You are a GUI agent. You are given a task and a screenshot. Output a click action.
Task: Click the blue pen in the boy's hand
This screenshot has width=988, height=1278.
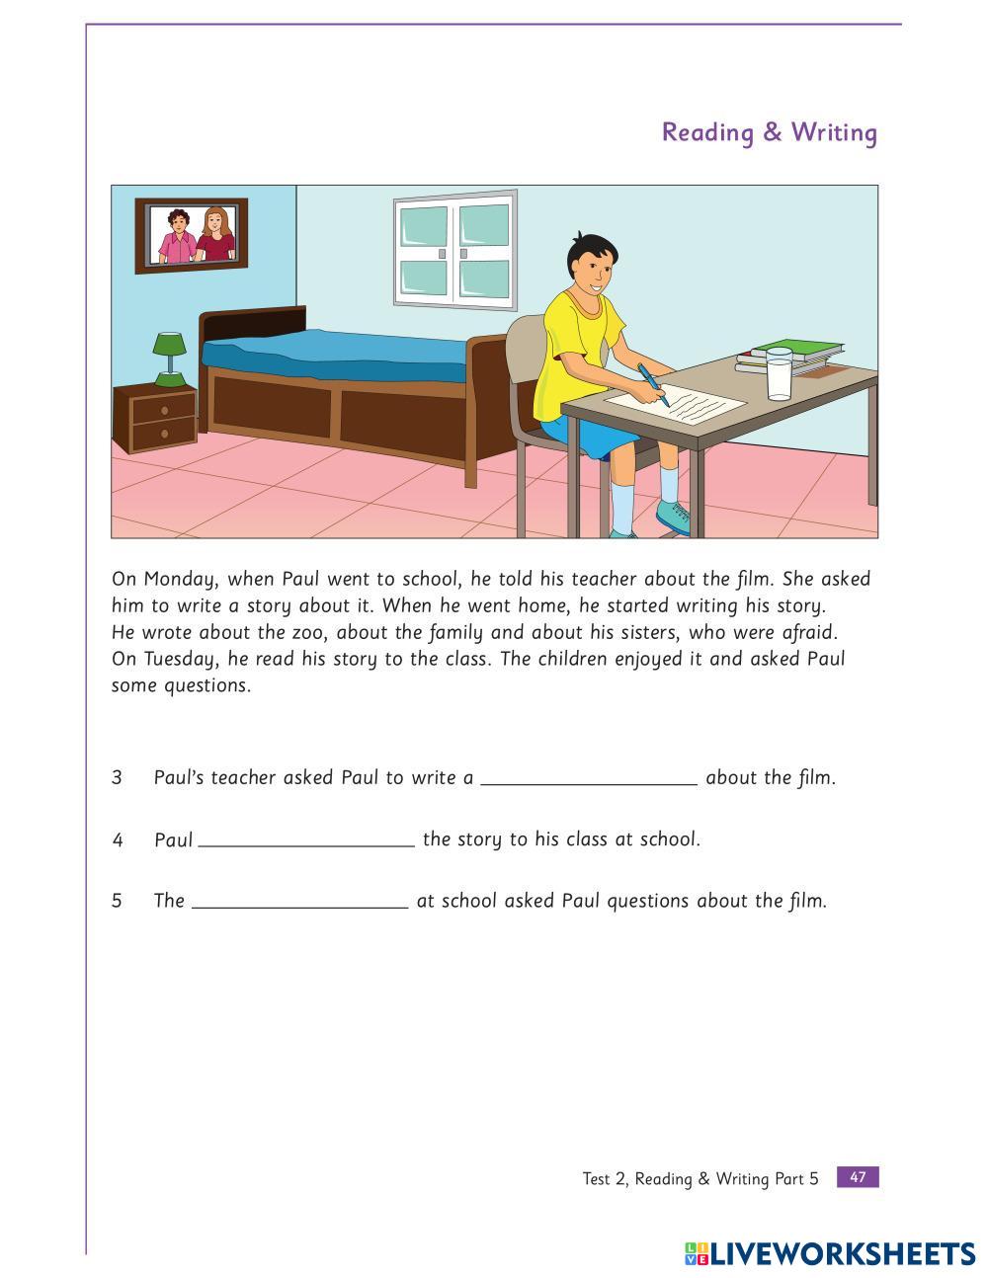tap(653, 383)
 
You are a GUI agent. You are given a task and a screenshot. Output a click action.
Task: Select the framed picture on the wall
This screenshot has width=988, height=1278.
tap(192, 235)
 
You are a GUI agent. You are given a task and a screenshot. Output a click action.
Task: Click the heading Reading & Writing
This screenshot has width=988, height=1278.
tap(769, 132)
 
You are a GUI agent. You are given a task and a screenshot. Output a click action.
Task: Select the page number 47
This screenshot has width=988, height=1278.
tap(857, 1176)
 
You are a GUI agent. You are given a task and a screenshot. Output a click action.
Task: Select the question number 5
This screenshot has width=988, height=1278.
tap(117, 901)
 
